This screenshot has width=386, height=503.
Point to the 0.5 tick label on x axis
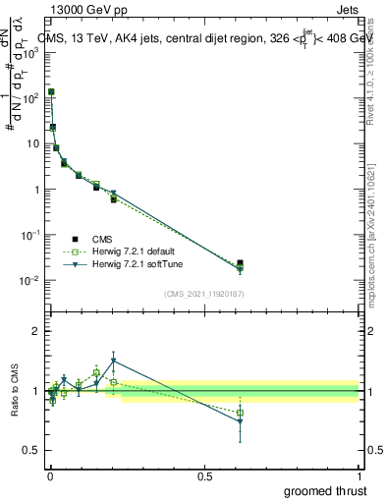204,475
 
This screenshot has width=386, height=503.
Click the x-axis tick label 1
359,475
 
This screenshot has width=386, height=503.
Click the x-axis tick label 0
49,475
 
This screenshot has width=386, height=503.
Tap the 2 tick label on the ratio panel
38,332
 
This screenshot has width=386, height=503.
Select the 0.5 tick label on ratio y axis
34,450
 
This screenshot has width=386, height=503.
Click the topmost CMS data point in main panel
51,92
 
